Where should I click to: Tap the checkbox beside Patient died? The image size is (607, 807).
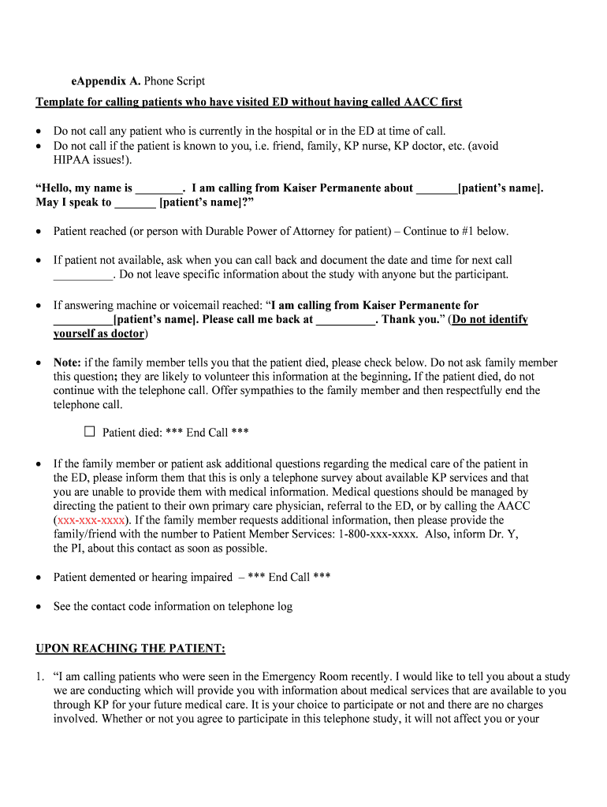[x=89, y=432]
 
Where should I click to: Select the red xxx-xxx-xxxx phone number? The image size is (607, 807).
[x=89, y=520]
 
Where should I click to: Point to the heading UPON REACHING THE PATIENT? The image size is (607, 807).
[x=131, y=649]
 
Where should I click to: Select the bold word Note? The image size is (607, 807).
[x=67, y=363]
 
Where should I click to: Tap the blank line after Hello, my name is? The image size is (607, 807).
[x=158, y=189]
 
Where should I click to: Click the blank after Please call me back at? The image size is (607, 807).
[x=346, y=321]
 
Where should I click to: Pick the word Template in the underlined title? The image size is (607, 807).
[x=60, y=102]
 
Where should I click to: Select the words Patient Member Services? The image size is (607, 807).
[x=270, y=534]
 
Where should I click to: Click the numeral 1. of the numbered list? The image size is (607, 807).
[x=41, y=677]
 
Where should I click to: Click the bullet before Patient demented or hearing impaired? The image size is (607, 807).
[x=39, y=578]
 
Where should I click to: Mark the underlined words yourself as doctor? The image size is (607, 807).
[x=99, y=333]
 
